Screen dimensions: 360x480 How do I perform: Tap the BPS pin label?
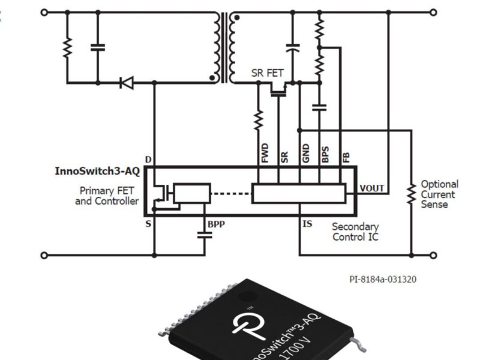point(325,155)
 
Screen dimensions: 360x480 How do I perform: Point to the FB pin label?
point(346,157)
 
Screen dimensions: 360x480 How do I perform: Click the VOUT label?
point(372,188)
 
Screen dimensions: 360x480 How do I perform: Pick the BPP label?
point(216,224)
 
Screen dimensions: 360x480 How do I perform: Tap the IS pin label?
point(307,224)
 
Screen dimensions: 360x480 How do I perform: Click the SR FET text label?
point(268,74)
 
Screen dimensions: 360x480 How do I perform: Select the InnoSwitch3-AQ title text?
point(97,172)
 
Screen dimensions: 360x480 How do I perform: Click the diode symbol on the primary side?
point(127,82)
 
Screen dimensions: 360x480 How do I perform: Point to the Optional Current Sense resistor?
point(411,194)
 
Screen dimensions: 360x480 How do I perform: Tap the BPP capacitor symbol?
point(205,235)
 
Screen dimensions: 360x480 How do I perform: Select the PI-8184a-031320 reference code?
point(383,280)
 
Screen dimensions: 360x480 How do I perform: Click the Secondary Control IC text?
point(355,232)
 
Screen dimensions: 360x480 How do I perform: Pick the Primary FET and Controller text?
point(107,196)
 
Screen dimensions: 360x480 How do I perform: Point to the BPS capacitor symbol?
point(319,107)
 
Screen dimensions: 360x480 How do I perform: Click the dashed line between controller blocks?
point(231,193)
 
